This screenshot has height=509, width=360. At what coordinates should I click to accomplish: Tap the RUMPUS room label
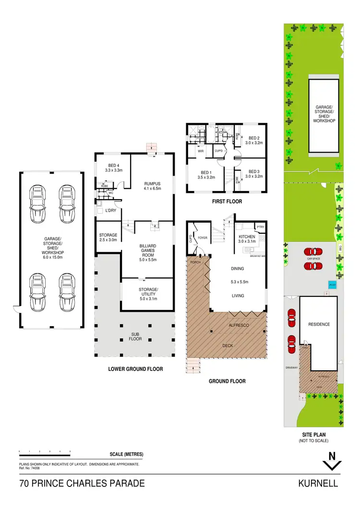point(152,183)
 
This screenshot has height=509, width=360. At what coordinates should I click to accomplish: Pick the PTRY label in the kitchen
point(261,227)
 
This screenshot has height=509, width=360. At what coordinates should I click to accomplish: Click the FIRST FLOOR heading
point(227,201)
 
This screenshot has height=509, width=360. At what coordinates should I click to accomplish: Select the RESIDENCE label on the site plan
point(319,324)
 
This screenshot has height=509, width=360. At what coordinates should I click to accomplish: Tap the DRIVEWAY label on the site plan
point(291,368)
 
